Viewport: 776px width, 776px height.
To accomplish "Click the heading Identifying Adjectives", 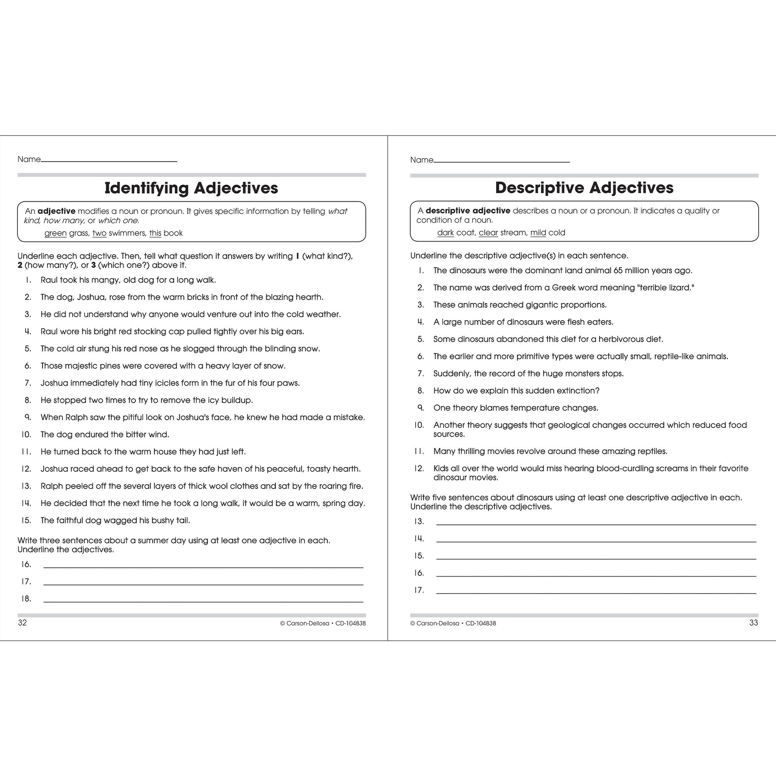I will point(191,188).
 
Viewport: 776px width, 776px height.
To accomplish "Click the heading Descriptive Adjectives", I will point(584,187).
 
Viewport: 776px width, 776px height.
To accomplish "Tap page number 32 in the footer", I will point(23,623).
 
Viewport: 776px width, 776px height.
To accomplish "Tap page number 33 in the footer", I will point(753,623).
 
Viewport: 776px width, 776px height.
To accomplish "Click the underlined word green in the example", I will point(55,233).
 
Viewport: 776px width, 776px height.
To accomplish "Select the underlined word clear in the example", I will point(488,233).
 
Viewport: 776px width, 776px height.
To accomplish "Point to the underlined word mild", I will point(538,233).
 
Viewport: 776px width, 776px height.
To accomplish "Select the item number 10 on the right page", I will point(419,425).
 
